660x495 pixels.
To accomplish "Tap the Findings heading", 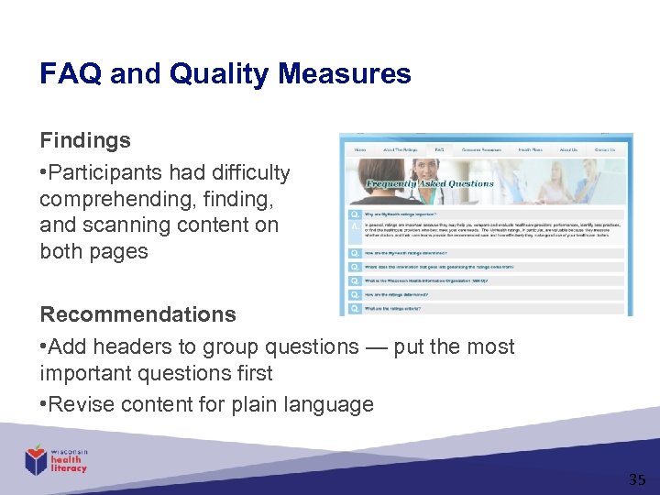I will click(x=84, y=141).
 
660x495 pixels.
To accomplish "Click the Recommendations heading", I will click(x=137, y=314).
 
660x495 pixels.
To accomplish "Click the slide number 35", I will click(x=636, y=479).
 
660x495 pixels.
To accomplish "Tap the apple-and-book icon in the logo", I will click(x=36, y=458).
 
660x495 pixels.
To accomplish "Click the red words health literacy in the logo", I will click(x=69, y=464).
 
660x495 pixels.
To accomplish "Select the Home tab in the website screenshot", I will click(x=360, y=149).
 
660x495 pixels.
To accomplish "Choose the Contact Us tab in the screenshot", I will click(x=604, y=149).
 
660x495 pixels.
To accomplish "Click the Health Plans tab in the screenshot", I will click(x=529, y=149).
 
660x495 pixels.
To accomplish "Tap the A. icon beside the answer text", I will click(x=353, y=225).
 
